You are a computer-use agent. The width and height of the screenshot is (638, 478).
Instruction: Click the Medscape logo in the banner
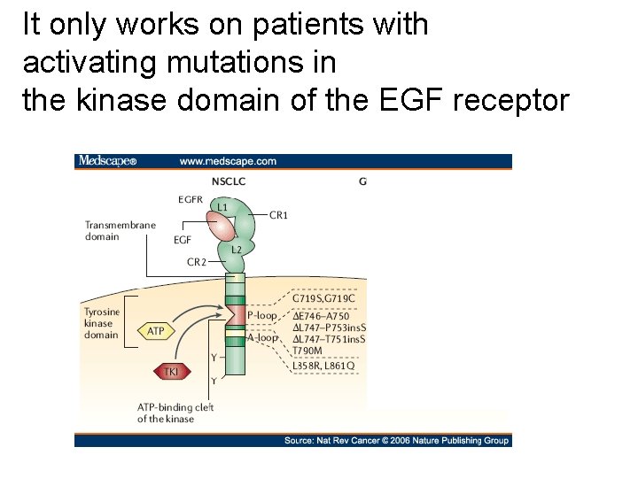point(107,161)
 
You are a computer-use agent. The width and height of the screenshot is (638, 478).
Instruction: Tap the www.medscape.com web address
point(228,161)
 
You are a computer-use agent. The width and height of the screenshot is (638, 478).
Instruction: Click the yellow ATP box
point(155,331)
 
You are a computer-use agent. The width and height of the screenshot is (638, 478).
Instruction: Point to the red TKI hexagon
point(171,372)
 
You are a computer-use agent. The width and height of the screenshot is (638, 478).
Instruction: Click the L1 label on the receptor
point(223,207)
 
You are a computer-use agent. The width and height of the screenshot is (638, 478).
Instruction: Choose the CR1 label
point(278,215)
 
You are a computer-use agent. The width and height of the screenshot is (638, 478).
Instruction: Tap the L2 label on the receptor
point(236,250)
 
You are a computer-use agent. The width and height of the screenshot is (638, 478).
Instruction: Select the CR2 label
point(198,262)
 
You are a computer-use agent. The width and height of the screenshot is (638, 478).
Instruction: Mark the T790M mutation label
point(309,352)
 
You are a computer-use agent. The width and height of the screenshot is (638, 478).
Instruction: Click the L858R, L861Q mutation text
point(323,366)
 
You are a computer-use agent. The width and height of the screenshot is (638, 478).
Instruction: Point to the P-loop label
point(261,315)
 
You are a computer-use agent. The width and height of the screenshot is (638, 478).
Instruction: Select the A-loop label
point(261,337)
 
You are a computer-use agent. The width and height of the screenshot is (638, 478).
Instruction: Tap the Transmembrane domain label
point(121,231)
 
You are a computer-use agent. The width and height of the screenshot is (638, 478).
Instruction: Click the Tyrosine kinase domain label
point(101,324)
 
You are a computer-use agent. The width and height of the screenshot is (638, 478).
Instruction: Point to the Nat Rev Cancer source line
point(396,440)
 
